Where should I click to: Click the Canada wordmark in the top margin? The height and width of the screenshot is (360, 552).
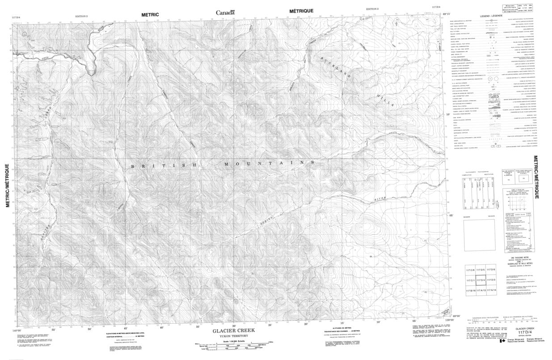[x=225, y=13]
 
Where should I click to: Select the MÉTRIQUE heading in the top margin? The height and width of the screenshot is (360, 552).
[x=301, y=11]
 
